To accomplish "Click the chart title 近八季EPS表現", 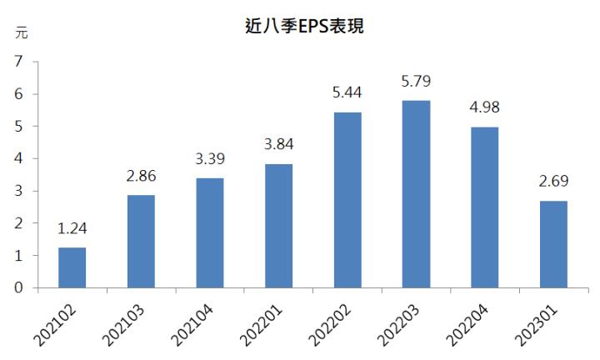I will click(x=301, y=27).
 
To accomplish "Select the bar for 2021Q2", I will click(x=72, y=267).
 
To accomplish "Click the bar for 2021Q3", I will click(x=141, y=242).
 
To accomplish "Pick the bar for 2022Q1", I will click(x=278, y=226).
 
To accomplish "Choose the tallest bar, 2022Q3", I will click(x=416, y=194).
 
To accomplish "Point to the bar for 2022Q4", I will click(x=484, y=207).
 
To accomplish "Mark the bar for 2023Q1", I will click(x=553, y=244).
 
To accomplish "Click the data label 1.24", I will click(x=72, y=229).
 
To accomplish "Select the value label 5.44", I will click(x=347, y=93).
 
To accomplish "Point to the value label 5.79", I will click(x=416, y=82).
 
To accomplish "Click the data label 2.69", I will click(x=553, y=182).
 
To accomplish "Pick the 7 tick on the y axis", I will click(x=17, y=62).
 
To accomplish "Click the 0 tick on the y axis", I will click(x=17, y=288).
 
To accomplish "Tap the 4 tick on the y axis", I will click(x=17, y=158).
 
